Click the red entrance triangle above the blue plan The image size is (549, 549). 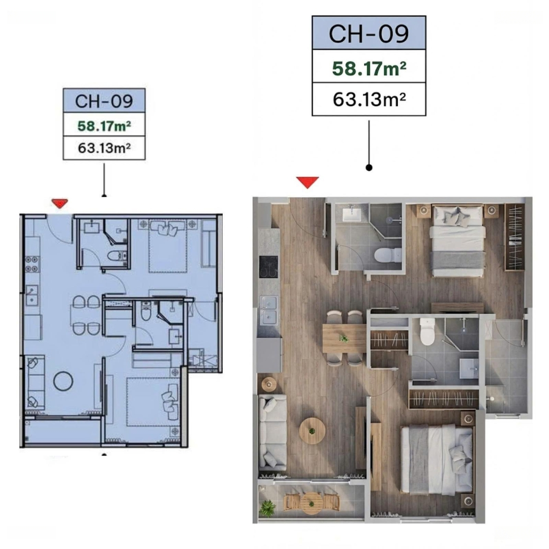59,203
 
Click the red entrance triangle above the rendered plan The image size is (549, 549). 308,182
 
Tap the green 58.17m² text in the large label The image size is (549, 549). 369,68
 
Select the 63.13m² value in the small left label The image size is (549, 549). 104,148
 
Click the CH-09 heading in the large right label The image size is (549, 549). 369,34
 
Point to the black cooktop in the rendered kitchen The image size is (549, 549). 268,267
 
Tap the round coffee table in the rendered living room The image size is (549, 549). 312,431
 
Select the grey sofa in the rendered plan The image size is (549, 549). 272,432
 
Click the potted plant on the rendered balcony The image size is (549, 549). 267,507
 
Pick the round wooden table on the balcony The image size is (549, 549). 311,503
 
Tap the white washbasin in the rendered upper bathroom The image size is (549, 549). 352,213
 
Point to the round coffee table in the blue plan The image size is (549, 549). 64,381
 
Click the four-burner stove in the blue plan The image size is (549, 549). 32,264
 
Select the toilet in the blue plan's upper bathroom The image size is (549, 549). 117,256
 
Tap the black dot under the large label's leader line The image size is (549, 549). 369,168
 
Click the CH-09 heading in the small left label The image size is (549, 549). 104,101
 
